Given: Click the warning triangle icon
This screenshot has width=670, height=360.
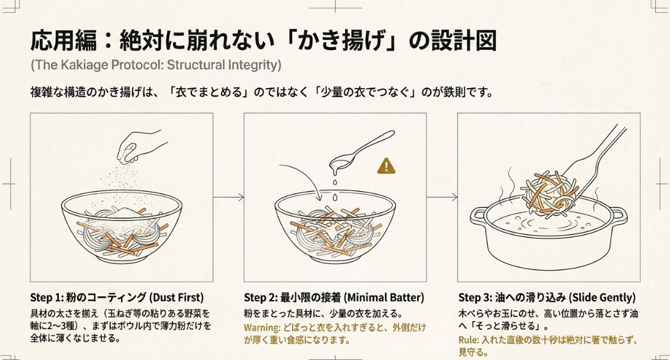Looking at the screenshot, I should pyautogui.click(x=386, y=165).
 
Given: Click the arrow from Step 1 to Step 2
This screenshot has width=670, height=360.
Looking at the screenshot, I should pyautogui.click(x=228, y=197).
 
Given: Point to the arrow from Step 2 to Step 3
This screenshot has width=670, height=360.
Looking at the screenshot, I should pyautogui.click(x=442, y=197).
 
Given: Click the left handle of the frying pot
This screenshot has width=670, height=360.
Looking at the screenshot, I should pyautogui.click(x=478, y=214).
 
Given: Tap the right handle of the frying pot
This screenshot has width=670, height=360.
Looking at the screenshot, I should pyautogui.click(x=618, y=214).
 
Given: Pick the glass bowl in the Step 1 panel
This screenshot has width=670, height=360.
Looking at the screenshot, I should pyautogui.click(x=121, y=225).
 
